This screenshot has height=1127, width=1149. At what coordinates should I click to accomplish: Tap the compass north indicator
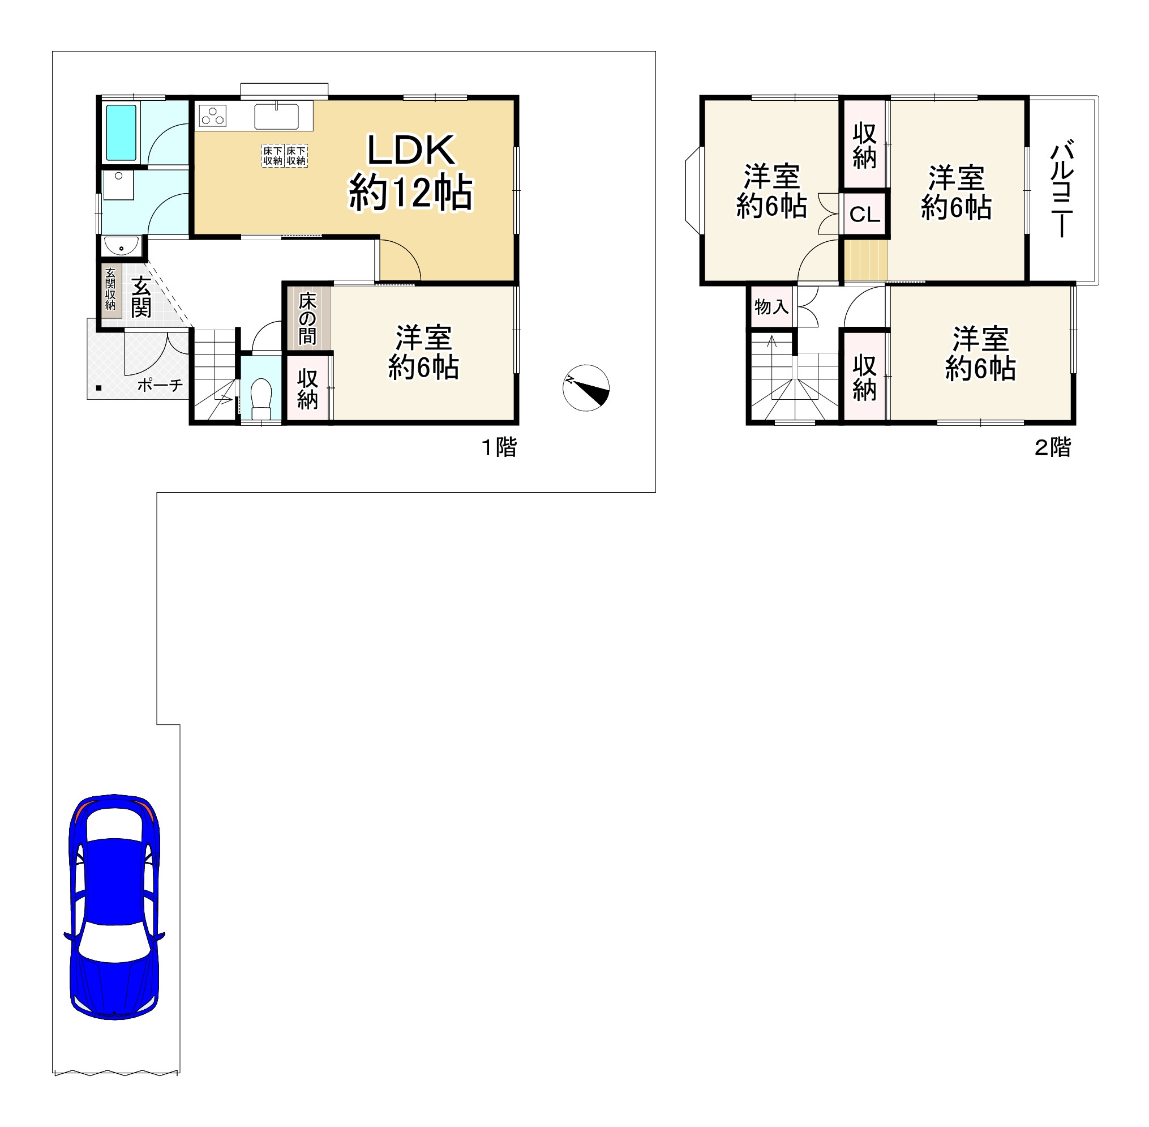tap(586, 388)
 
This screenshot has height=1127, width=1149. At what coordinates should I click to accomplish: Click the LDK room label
tap(410, 172)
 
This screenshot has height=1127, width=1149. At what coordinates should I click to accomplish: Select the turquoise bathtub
tap(121, 133)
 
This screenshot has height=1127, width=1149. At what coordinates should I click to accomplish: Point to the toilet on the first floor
tap(261, 398)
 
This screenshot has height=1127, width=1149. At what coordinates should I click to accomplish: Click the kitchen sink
tap(276, 116)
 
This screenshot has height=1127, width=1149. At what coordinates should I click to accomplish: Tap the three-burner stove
tap(212, 116)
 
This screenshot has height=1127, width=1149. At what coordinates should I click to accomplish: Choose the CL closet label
tap(864, 214)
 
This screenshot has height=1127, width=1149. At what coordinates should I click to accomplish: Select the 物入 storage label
tap(771, 306)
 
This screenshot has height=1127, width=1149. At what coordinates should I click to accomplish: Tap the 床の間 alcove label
tap(308, 318)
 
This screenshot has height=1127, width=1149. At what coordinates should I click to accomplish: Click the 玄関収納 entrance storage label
tap(110, 289)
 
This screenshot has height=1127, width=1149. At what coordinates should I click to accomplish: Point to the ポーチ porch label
tap(160, 385)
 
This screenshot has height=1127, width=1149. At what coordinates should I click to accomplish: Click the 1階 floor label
tap(500, 447)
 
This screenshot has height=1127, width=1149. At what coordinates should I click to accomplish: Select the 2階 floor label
tap(1053, 447)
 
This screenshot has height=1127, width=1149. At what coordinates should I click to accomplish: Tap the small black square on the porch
tap(99, 389)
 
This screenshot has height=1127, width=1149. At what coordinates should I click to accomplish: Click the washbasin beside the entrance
tap(121, 245)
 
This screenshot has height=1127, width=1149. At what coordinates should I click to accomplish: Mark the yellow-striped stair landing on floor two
tap(865, 260)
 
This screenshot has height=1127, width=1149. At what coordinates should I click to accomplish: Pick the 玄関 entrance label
tap(141, 297)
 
